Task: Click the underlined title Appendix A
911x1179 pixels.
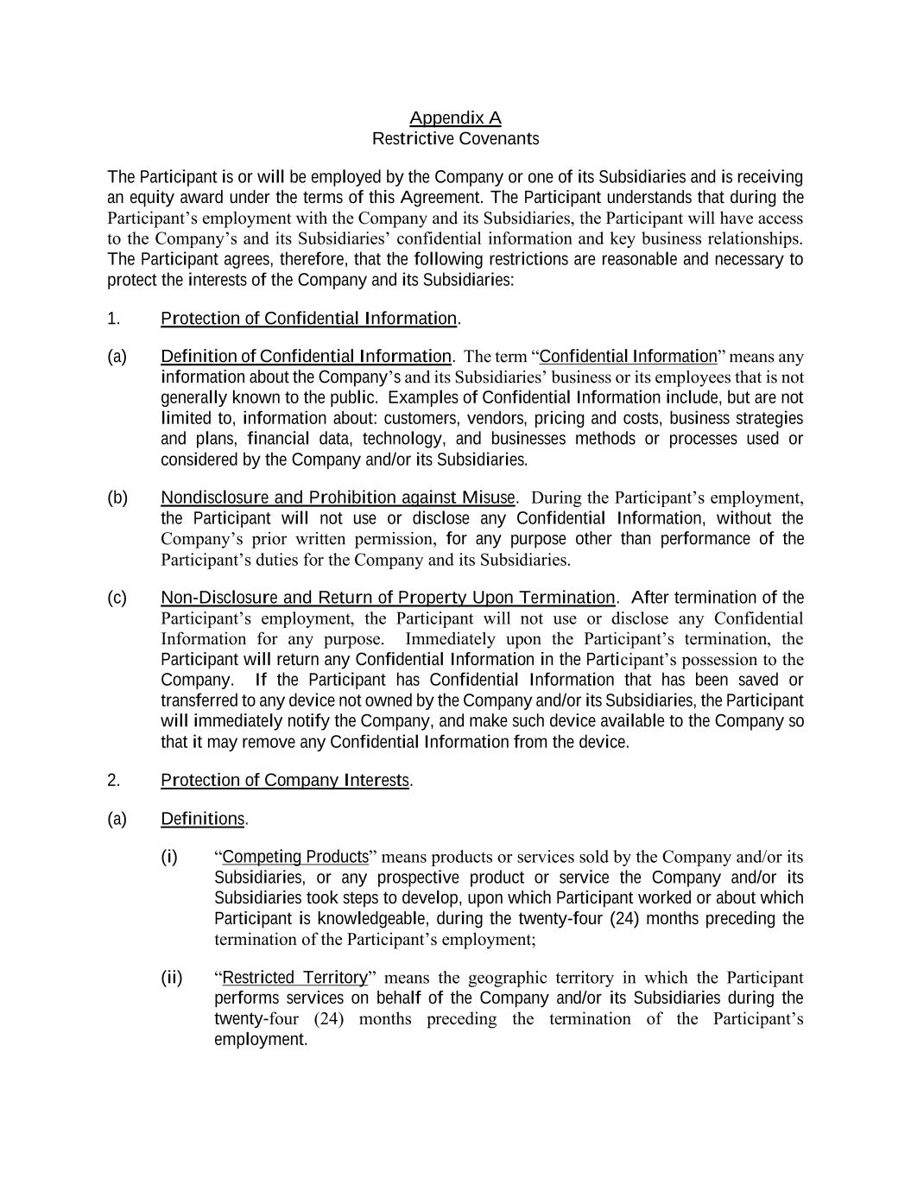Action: [x=455, y=117]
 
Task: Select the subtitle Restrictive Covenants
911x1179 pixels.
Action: [x=455, y=138]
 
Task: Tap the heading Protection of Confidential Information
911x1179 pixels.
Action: [x=308, y=319]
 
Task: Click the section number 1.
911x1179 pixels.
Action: [x=113, y=319]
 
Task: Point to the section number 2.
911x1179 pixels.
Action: [x=113, y=780]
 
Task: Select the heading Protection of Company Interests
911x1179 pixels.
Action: [x=285, y=780]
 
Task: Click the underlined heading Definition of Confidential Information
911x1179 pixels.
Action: [x=306, y=357]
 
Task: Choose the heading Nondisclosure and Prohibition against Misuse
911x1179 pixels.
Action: [x=338, y=498]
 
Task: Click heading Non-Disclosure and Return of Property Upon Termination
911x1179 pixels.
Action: [x=388, y=598]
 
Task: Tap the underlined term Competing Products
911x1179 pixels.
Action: [x=295, y=857]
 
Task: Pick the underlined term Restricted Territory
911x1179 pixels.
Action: [x=294, y=978]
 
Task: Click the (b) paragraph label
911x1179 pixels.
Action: [x=117, y=498]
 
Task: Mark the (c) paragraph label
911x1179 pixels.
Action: [x=117, y=598]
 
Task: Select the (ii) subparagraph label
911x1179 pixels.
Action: [x=172, y=978]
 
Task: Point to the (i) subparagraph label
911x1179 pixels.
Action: [x=169, y=857]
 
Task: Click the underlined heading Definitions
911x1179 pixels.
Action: [x=203, y=819]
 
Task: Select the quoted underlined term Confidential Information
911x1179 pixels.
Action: [x=628, y=357]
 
